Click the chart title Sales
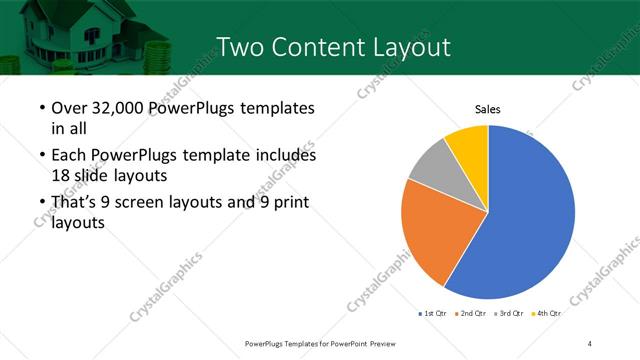487,109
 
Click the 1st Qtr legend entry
433,314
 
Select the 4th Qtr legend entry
547,314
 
